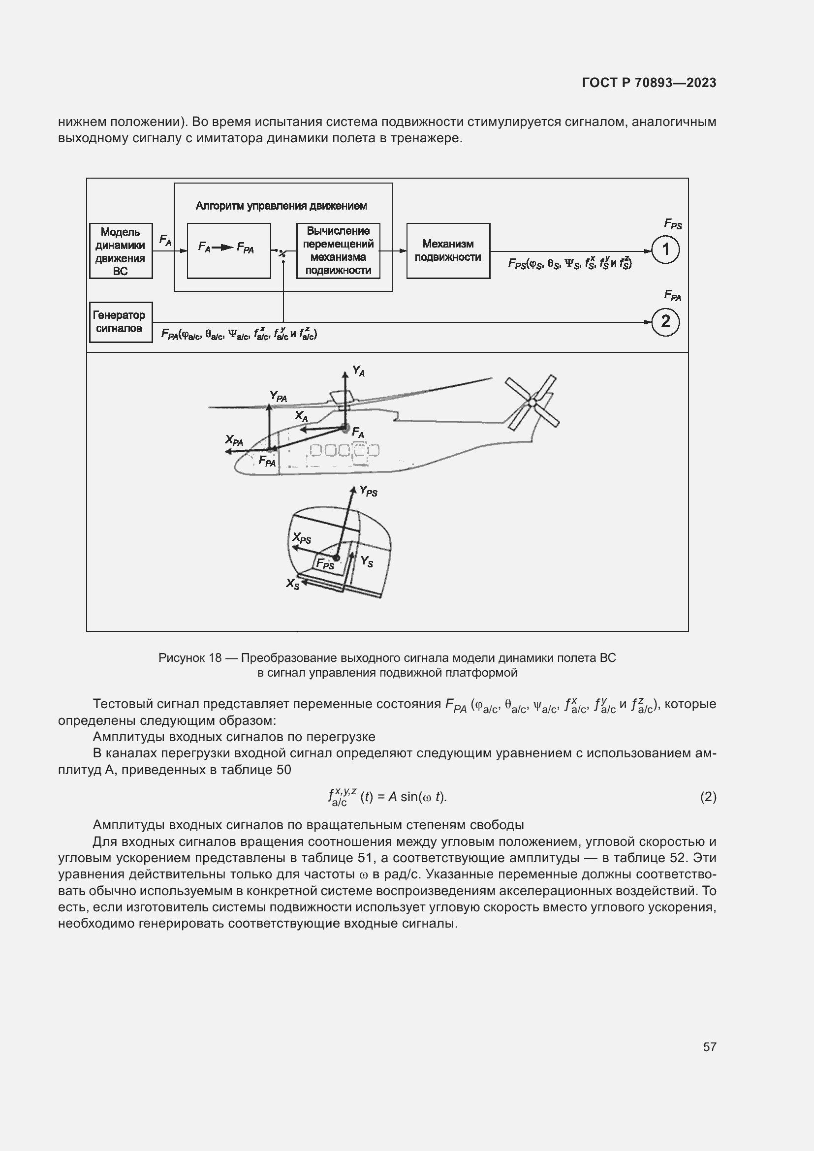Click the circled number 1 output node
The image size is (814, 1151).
665,249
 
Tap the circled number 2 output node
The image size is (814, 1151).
665,321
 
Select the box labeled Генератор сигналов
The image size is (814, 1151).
121,322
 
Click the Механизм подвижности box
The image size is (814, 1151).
448,250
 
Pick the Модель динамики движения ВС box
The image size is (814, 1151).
121,250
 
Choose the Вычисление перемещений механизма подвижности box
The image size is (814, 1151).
338,250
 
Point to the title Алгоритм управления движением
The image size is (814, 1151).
281,206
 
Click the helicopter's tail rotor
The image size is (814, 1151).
532,402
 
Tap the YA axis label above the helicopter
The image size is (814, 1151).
358,371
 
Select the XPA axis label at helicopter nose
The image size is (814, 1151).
234,440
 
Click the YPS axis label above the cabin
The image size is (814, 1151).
369,491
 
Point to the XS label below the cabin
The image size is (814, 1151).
293,584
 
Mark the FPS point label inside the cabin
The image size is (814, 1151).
325,564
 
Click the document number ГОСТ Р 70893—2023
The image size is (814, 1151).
649,83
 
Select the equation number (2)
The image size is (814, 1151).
708,797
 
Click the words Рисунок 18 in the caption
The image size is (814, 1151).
190,657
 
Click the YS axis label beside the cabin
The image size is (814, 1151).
367,561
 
